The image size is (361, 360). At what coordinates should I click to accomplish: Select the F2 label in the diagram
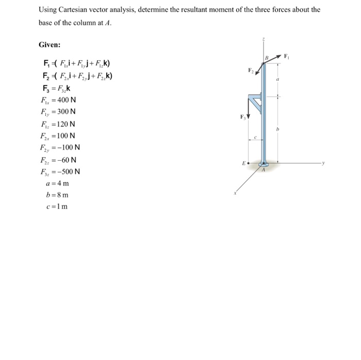[251, 70]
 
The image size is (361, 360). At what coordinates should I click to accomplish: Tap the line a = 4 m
[57, 183]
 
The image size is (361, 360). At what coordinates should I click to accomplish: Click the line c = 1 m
[57, 207]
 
